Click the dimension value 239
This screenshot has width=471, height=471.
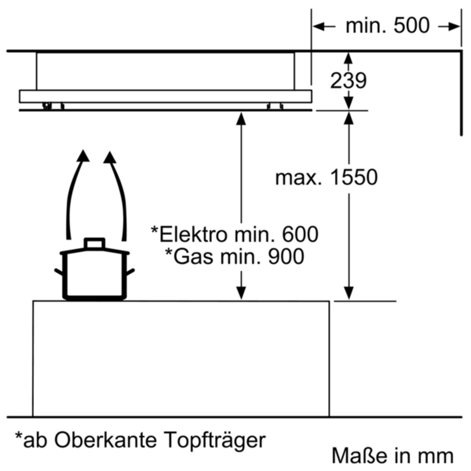click(x=348, y=80)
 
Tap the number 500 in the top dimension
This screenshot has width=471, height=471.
click(x=411, y=25)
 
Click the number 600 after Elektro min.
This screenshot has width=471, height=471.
click(x=300, y=234)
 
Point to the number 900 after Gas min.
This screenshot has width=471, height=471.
click(x=286, y=256)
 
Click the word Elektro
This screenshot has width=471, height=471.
click(x=193, y=234)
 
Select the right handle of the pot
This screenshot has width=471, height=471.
click(x=130, y=272)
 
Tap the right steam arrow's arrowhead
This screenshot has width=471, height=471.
click(x=110, y=157)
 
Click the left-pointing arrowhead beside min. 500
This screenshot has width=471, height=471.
click(x=319, y=26)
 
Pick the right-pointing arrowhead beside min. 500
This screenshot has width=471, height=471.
click(x=454, y=26)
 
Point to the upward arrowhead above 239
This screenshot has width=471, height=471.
click(x=348, y=58)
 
